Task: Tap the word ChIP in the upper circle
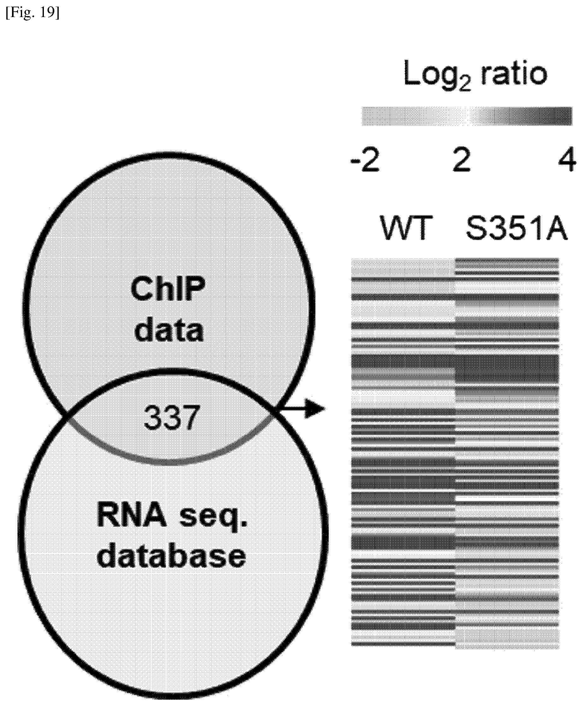(168, 290)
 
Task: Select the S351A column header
(516, 228)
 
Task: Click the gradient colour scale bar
(467, 116)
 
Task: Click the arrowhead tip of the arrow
(326, 409)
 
